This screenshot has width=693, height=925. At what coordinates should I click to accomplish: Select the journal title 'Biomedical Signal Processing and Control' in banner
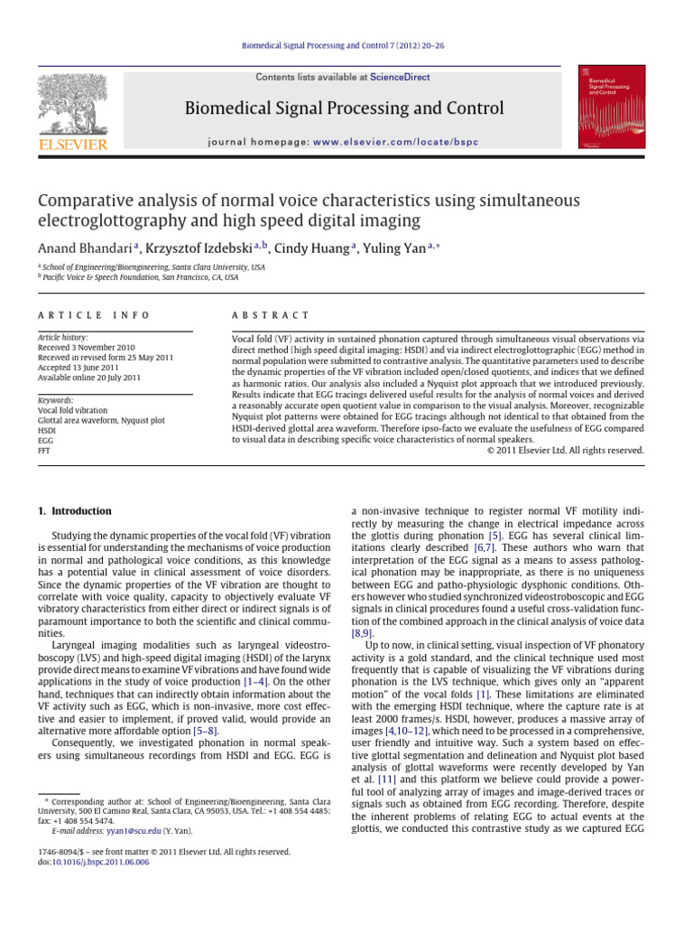pos(344,109)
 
